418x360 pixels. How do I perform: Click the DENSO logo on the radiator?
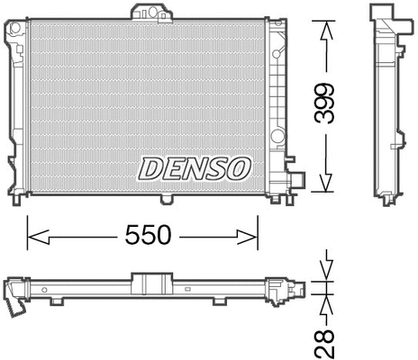click(x=194, y=166)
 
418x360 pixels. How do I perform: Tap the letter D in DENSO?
click(x=150, y=166)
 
